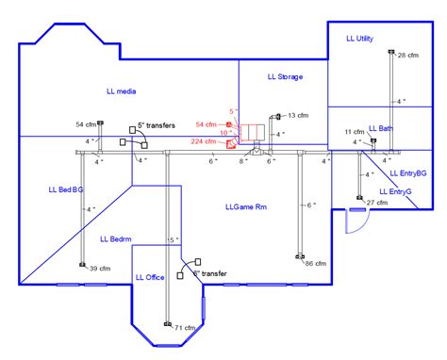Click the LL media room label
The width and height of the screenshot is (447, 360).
(x=123, y=91)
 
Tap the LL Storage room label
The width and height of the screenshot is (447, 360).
(x=285, y=76)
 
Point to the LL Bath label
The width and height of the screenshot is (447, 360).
(x=381, y=128)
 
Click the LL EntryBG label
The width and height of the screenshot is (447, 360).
(x=406, y=174)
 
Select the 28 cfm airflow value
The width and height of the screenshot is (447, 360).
(x=408, y=57)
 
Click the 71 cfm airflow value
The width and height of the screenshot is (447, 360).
(x=185, y=328)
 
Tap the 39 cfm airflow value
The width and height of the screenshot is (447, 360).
(x=99, y=270)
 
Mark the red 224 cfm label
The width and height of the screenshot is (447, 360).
(x=205, y=141)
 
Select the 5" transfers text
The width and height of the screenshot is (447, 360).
(x=157, y=123)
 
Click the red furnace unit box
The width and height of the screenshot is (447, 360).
(x=252, y=131)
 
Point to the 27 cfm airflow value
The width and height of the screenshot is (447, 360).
(x=376, y=204)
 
